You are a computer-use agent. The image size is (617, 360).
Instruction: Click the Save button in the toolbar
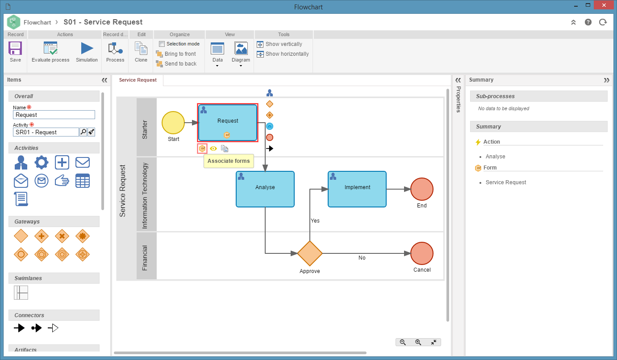(x=15, y=52)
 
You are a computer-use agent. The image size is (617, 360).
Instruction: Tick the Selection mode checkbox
(x=162, y=44)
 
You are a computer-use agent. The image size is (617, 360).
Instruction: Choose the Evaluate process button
(x=50, y=52)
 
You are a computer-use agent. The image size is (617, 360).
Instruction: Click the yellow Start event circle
(x=173, y=123)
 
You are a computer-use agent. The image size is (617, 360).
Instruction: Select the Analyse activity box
(x=265, y=189)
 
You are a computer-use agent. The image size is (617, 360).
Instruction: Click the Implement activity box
(x=357, y=189)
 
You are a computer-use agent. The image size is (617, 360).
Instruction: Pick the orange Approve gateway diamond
(x=309, y=253)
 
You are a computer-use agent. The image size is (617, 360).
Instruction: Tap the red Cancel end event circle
(x=422, y=253)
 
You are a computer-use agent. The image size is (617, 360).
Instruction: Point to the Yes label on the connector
(x=315, y=221)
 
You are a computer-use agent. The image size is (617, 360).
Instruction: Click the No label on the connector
(x=362, y=257)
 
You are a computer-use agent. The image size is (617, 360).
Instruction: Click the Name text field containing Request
(x=54, y=115)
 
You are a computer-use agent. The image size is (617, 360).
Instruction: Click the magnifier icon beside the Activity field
(x=83, y=132)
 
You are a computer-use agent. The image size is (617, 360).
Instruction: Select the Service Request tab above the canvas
(x=138, y=80)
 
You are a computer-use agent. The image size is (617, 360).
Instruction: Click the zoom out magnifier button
(x=403, y=342)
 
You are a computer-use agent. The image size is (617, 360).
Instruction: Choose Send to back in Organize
(x=176, y=64)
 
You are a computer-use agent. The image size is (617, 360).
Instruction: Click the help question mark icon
(x=588, y=22)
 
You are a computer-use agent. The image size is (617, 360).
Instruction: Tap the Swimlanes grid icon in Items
(x=21, y=293)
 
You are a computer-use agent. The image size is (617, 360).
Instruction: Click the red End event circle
(x=422, y=189)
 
